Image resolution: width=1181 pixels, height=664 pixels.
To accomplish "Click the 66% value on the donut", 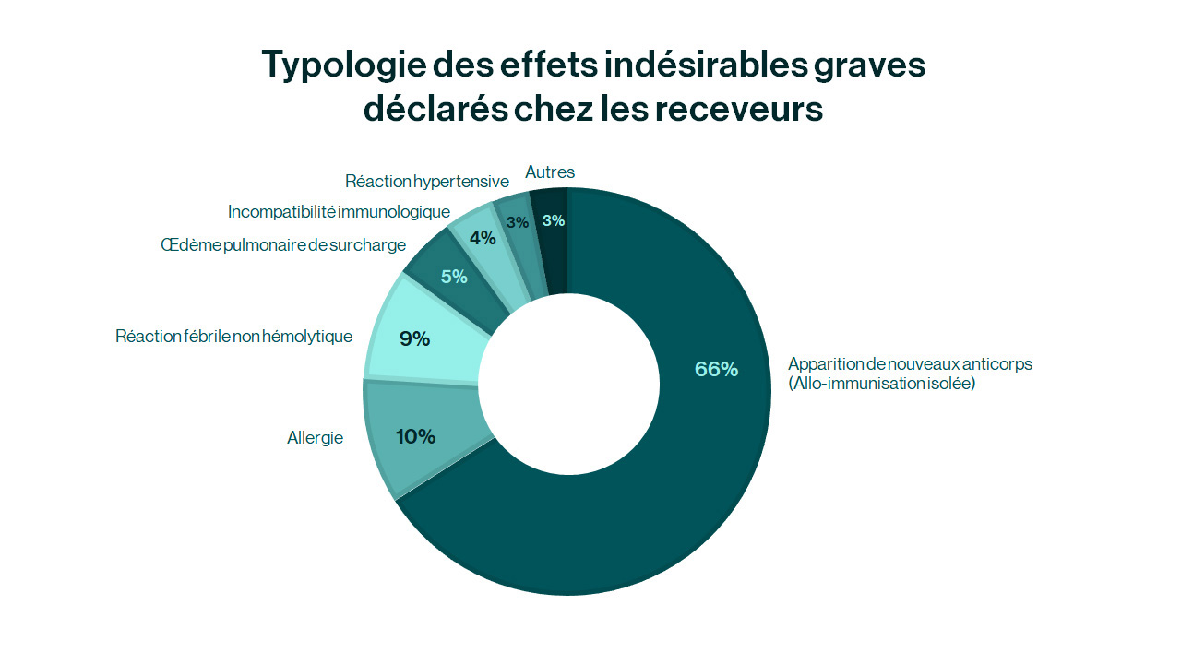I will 716,369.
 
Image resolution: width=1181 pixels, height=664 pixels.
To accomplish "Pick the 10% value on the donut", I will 415,436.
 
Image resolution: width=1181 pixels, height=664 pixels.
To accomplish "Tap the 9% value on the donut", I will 414,338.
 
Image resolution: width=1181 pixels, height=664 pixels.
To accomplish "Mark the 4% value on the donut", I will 483,238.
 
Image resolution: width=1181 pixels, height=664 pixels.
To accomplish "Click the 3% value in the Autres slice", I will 554,220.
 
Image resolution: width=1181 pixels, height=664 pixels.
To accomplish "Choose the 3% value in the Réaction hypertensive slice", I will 517,222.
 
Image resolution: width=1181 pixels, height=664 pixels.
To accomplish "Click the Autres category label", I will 550,172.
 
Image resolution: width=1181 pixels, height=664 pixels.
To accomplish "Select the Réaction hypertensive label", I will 427,182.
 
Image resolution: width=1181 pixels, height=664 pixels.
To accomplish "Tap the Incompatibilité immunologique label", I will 339,212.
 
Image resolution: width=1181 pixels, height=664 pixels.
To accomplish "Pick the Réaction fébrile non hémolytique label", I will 233,337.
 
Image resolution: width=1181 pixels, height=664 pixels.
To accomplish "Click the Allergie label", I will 315,438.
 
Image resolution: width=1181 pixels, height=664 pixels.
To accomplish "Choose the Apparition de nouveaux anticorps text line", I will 910,364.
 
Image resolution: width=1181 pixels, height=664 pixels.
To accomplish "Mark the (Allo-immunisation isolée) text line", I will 881,384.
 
